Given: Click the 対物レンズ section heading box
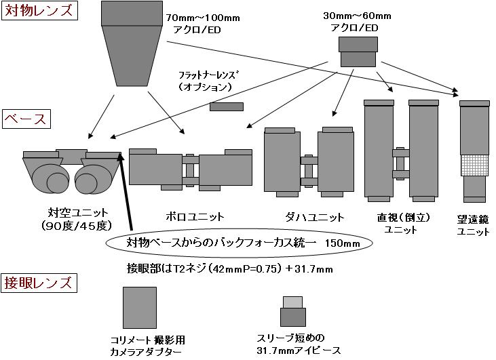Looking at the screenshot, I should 38,12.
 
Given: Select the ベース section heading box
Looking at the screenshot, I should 25,119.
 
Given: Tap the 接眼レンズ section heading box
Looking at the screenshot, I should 38,282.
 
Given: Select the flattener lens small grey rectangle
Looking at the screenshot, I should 227,107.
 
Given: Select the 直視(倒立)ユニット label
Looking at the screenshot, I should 400,224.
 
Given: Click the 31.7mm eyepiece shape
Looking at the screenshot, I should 292,313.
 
